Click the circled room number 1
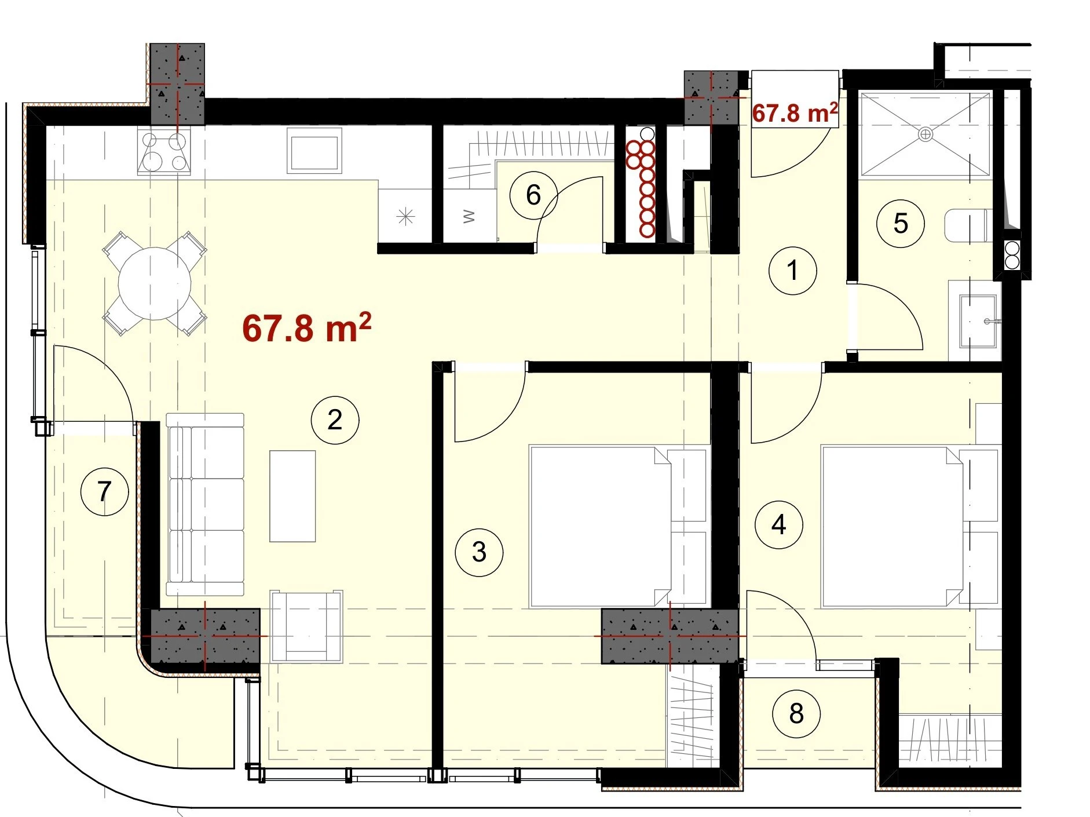[792, 270]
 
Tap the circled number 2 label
[335, 420]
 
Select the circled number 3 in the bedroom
[479, 552]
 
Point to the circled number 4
[779, 525]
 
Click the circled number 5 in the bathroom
[901, 224]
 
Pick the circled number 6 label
[533, 195]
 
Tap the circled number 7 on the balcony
[104, 492]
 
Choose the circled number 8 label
[796, 714]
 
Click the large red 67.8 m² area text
[306, 328]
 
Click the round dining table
[155, 284]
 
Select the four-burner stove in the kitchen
[164, 151]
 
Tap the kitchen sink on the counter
[314, 151]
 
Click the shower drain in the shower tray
[926, 134]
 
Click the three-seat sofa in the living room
[205, 505]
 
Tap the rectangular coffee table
[292, 496]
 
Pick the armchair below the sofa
[306, 626]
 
